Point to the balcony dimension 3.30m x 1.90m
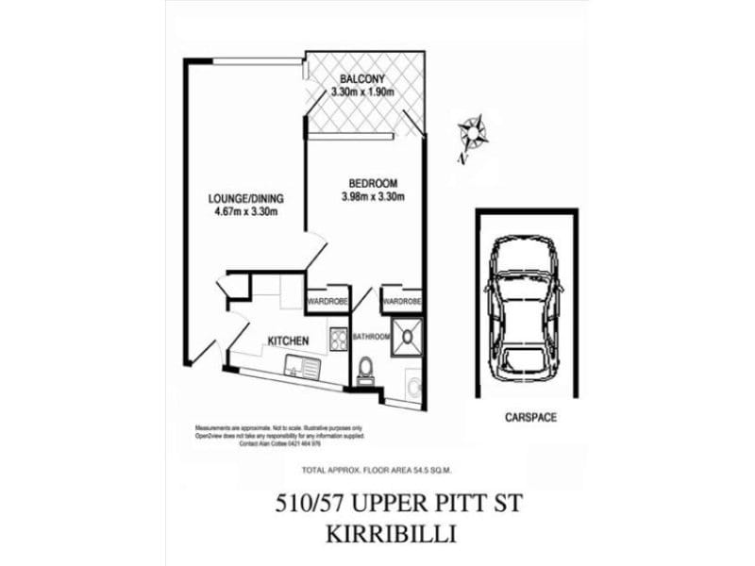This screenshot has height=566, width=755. (361, 92)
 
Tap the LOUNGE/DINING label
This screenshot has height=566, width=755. (245, 199)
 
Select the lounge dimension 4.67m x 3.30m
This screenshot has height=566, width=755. (245, 212)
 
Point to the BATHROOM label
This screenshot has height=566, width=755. (371, 336)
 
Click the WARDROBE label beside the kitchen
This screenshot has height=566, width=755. (327, 302)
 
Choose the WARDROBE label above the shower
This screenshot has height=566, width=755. (401, 302)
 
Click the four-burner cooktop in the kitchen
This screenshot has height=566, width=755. (338, 338)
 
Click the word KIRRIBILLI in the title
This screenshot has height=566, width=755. (391, 535)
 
